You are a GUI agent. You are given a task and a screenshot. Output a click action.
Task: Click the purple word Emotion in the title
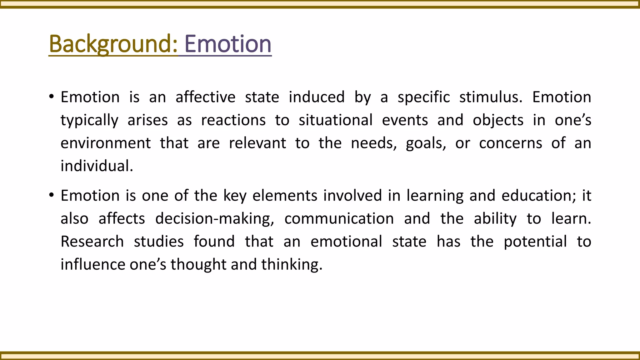click(228, 44)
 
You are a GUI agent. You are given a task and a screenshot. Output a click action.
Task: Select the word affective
click(205, 97)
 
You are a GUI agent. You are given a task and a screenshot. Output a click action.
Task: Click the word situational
click(336, 120)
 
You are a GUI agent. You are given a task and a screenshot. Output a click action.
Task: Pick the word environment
click(106, 143)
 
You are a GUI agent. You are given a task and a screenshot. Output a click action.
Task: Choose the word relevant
click(257, 143)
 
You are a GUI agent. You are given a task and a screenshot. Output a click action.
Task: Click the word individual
click(97, 166)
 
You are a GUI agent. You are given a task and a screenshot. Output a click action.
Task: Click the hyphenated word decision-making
click(214, 219)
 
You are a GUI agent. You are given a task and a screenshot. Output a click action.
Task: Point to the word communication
click(339, 218)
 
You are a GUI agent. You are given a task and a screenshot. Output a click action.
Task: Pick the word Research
click(92, 242)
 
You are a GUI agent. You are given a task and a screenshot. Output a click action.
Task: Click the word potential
click(535, 242)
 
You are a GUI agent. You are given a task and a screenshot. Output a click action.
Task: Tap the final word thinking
click(291, 265)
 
